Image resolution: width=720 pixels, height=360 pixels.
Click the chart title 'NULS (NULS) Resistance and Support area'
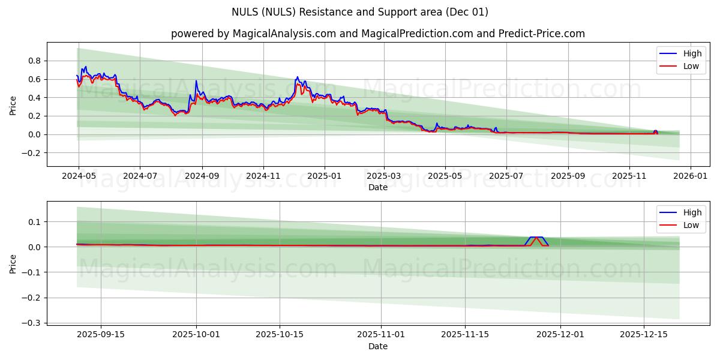point(359,12)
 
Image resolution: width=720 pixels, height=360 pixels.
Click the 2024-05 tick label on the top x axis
point(78,177)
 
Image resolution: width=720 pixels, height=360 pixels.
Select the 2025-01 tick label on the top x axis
point(325,177)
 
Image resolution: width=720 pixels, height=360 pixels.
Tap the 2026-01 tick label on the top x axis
point(691,177)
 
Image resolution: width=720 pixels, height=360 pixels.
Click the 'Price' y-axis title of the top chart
point(13,105)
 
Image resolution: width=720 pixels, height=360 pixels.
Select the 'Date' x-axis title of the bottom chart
point(378,346)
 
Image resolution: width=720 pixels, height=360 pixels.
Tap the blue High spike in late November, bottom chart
point(536,238)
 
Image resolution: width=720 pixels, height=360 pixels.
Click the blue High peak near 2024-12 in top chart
point(297,77)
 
